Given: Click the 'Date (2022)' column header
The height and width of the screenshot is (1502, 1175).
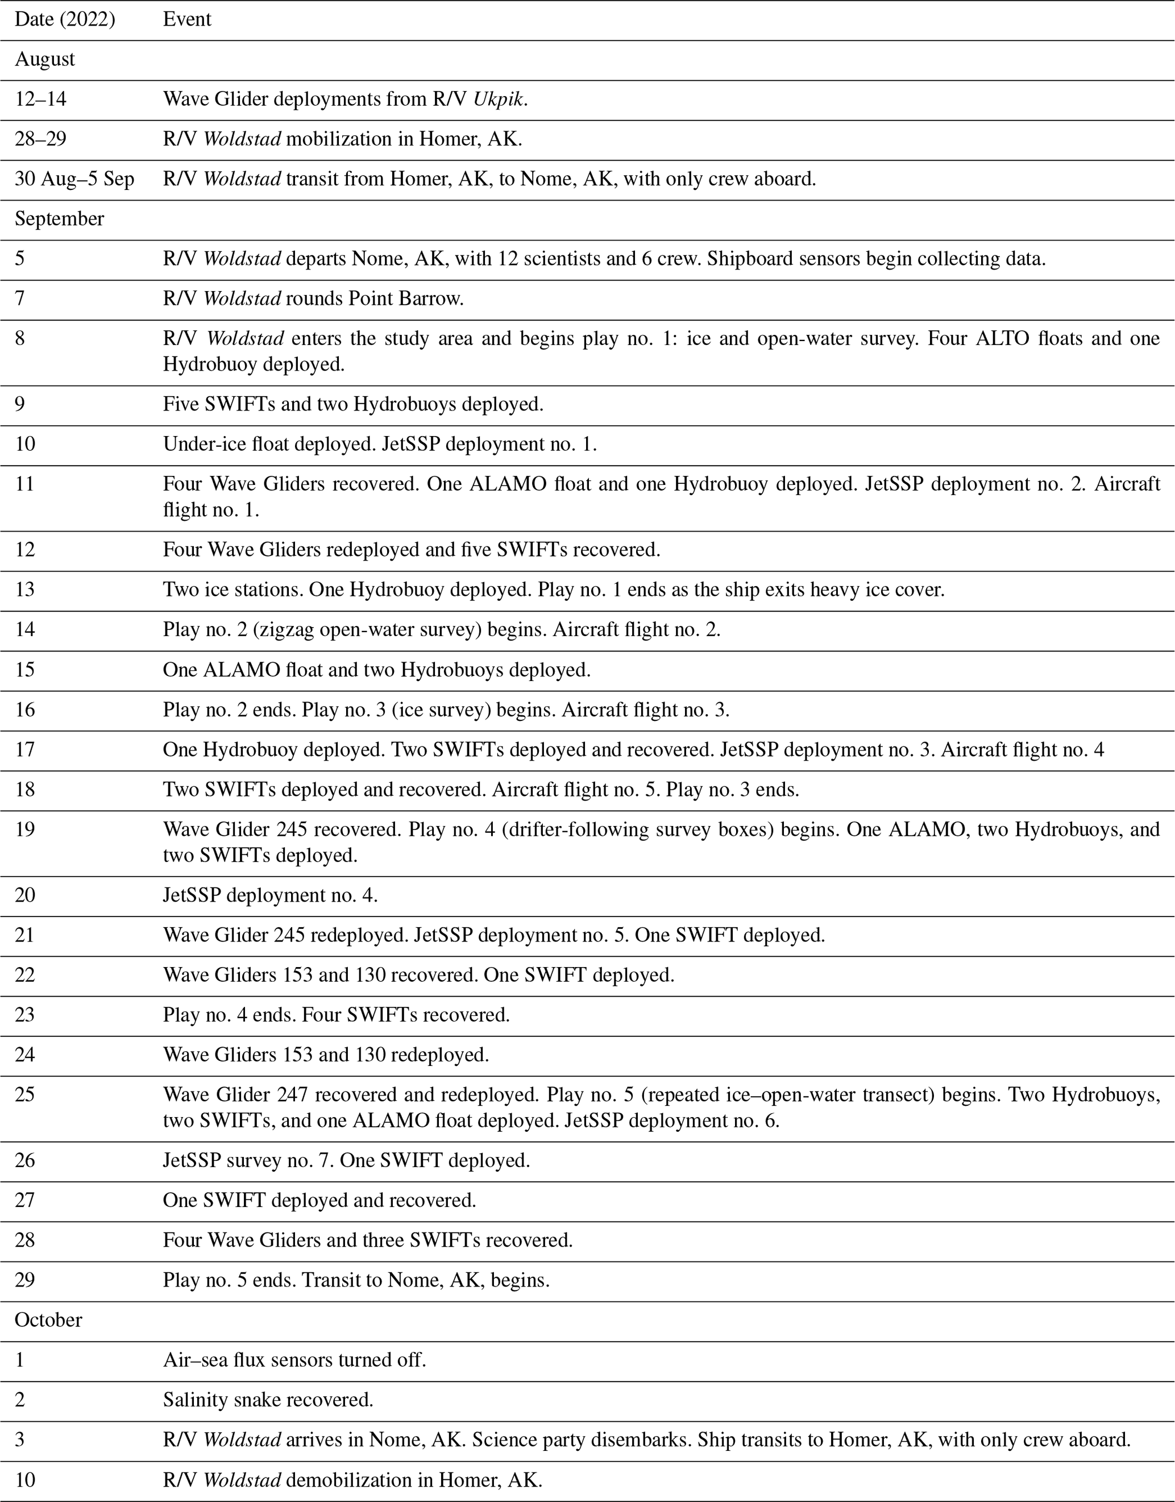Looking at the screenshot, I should [65, 19].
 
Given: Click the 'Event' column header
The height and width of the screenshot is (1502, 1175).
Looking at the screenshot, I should [186, 19].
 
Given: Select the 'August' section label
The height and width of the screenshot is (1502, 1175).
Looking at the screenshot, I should [45, 59].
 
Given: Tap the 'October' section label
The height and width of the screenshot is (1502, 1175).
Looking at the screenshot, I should [48, 1320].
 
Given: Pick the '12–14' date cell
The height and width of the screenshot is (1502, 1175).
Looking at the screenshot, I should [40, 99].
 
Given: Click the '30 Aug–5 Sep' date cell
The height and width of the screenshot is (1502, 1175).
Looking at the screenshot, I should [74, 179].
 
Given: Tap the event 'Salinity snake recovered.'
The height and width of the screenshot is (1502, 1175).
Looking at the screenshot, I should [268, 1400].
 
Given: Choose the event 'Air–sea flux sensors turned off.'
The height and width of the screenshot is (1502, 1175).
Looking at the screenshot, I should [294, 1359].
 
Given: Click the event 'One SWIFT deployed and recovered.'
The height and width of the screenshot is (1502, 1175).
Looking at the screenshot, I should [319, 1200].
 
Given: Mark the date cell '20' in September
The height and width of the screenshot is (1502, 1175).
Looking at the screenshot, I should [25, 895].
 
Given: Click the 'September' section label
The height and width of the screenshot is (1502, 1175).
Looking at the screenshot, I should [59, 219].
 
